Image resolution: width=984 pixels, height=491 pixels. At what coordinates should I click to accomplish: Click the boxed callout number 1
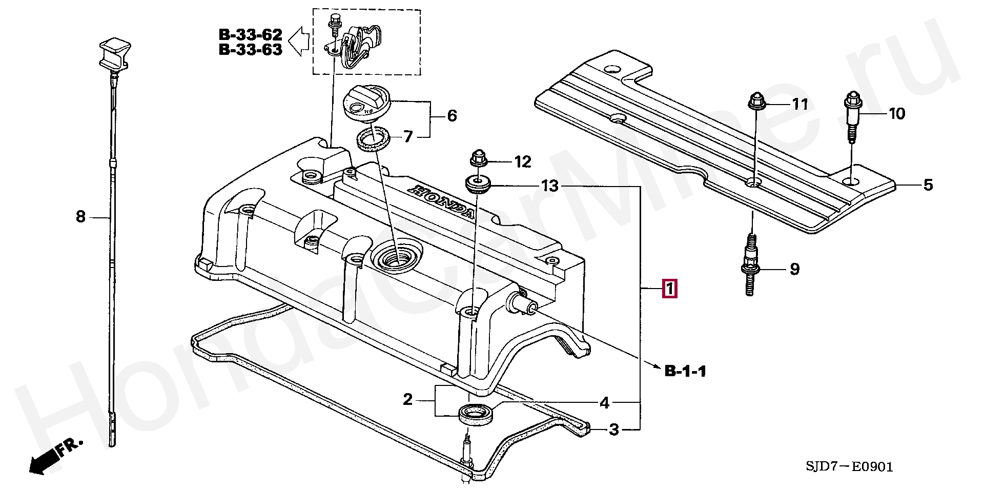(x=670, y=289)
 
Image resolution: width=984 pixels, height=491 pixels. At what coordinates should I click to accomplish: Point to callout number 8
(x=80, y=217)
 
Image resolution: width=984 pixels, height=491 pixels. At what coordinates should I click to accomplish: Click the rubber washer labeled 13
(x=478, y=185)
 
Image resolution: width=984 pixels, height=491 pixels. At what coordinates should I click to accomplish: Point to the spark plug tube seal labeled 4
(x=477, y=414)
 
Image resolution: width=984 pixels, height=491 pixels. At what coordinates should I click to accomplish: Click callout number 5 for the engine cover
(x=928, y=185)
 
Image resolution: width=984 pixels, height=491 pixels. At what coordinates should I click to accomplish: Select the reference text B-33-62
(x=251, y=35)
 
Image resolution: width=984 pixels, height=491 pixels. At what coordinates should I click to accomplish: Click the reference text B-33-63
(x=251, y=50)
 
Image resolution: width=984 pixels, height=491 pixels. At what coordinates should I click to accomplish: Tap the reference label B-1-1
(x=685, y=371)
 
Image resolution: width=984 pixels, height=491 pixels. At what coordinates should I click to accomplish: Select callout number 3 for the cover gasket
(x=613, y=429)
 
